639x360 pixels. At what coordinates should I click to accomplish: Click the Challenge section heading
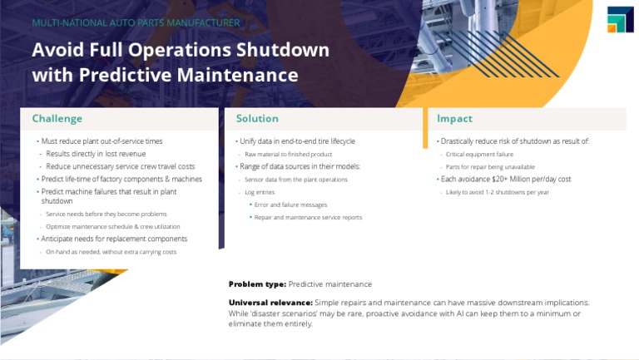[57, 119]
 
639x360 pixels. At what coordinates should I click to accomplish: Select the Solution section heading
[257, 119]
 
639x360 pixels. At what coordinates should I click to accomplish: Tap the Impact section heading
[454, 119]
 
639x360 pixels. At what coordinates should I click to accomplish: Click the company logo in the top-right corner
[620, 20]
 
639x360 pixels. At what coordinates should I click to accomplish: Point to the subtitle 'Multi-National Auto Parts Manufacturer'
[136, 22]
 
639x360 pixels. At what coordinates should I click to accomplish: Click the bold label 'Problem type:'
[257, 284]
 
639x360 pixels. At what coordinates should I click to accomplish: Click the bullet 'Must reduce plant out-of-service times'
[102, 141]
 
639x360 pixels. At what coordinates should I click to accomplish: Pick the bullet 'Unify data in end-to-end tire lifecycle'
[297, 141]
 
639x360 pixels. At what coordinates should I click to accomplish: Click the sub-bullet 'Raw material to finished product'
[288, 155]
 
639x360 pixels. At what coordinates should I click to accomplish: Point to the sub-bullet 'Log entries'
[260, 192]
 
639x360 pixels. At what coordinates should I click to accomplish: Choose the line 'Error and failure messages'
[290, 205]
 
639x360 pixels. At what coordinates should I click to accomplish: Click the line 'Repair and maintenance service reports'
[308, 218]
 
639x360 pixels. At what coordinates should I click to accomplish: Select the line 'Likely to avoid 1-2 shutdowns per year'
[497, 192]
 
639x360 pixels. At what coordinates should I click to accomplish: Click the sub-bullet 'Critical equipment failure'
[479, 155]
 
